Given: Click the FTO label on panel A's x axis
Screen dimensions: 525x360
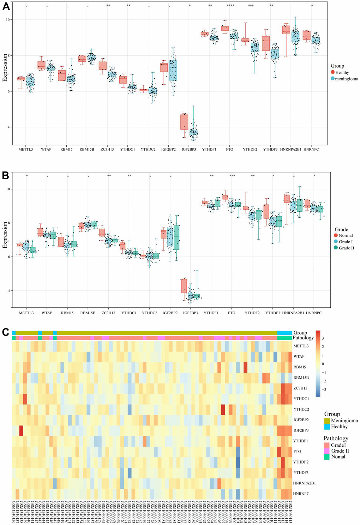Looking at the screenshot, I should [x=230, y=150].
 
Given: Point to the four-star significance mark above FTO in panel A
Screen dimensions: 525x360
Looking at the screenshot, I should [x=230, y=6].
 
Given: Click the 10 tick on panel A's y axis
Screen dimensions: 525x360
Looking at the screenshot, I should [x=8, y=20].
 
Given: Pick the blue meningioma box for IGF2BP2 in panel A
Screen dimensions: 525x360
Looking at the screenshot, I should [x=173, y=70].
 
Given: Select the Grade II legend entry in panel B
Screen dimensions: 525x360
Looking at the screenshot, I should [x=346, y=248].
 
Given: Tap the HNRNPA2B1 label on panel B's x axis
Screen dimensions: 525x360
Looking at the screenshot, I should [x=293, y=313].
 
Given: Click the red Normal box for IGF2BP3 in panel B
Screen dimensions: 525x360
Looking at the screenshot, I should [x=184, y=285].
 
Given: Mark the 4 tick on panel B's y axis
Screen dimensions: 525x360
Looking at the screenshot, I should [x=8, y=291].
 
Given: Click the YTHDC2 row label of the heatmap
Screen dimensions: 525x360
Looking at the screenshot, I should [x=301, y=409].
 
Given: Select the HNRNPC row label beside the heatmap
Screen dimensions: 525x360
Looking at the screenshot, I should [x=301, y=494].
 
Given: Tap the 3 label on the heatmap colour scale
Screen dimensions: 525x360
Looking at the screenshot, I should [x=323, y=338].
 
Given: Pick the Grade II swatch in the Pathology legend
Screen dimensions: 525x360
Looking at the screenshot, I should [x=327, y=451].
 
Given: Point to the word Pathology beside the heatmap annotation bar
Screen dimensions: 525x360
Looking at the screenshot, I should [x=303, y=338].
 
